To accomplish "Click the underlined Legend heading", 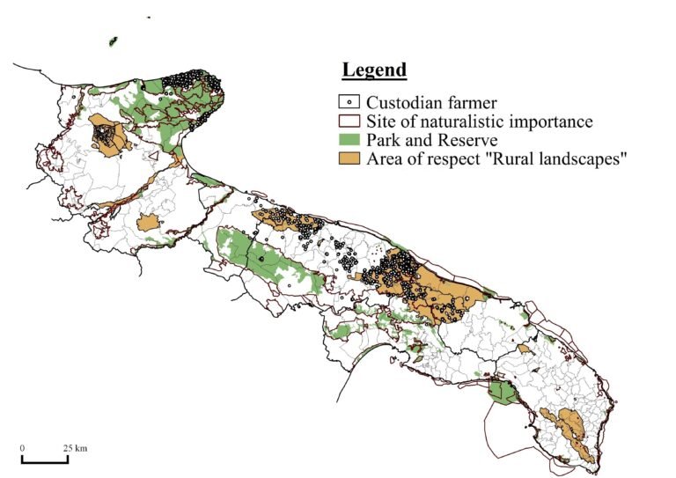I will pos(374,70).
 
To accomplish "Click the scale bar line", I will pos(44,460).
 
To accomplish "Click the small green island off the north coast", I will pos(114,40).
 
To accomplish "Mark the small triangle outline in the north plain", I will pos(155,158).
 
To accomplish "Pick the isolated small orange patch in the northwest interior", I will pos(151,222).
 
